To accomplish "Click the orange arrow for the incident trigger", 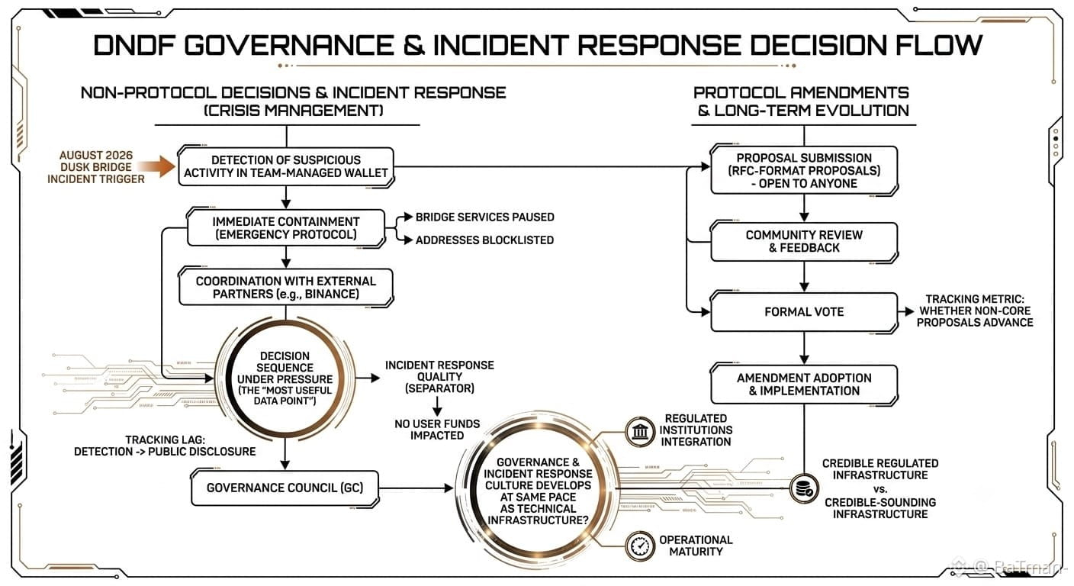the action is [x=156, y=166].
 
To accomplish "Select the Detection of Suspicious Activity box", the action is [x=286, y=166].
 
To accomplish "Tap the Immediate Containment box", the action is [x=286, y=228].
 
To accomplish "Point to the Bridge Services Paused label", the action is [x=484, y=217].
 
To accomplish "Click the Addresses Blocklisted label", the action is [x=484, y=240].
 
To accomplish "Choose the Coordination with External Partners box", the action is [x=286, y=287].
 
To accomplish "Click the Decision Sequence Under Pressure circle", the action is [x=285, y=378].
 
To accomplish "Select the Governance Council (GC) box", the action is [x=285, y=488].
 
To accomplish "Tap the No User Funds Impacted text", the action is [x=437, y=430].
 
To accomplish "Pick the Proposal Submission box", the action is [x=804, y=170].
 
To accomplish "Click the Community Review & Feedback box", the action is [x=804, y=242].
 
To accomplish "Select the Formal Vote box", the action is [x=804, y=312].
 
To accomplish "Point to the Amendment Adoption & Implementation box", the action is [x=804, y=385].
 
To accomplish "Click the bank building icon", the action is [x=640, y=432].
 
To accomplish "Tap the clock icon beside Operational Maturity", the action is [x=640, y=546].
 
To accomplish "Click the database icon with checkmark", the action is [x=804, y=488].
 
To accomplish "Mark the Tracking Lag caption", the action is [x=165, y=446].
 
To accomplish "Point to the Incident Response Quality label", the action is [x=439, y=377].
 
